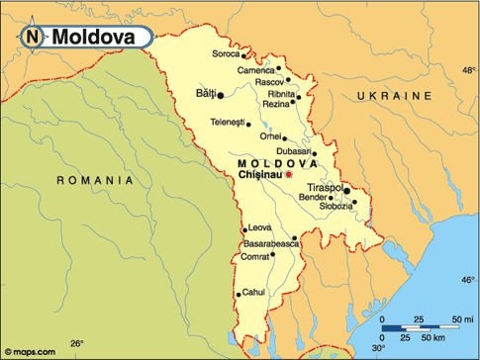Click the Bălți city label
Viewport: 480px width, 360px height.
[x=205, y=95]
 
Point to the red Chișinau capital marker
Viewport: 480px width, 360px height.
[x=289, y=175]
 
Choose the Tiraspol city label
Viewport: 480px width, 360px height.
[x=324, y=186]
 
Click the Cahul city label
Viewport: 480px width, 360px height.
[x=254, y=292]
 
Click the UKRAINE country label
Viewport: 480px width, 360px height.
[x=395, y=96]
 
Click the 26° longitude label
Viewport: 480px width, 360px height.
[x=76, y=343]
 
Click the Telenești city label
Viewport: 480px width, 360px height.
[x=228, y=122]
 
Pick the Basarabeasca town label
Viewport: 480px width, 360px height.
[x=270, y=242]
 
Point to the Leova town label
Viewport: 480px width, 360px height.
[x=259, y=227]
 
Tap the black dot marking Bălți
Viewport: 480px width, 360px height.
[x=221, y=96]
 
